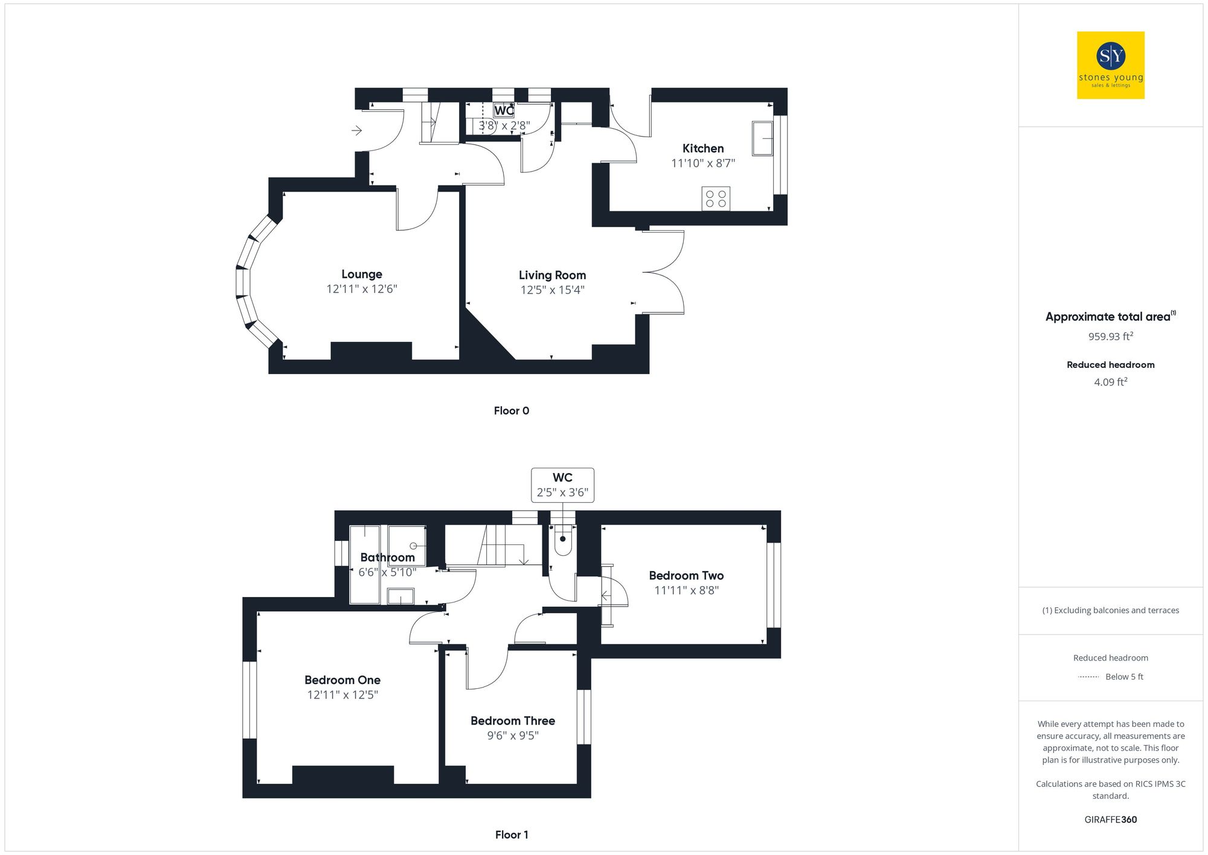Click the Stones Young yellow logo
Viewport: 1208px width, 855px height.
(1110, 65)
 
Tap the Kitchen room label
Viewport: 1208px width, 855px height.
(702, 149)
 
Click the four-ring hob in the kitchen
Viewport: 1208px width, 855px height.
(716, 199)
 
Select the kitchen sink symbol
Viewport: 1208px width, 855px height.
(762, 138)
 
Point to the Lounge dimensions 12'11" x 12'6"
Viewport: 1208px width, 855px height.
(361, 289)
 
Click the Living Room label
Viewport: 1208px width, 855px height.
(552, 276)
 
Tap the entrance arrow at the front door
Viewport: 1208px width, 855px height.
(357, 131)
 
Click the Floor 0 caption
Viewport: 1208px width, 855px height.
(511, 411)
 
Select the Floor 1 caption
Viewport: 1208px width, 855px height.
(511, 834)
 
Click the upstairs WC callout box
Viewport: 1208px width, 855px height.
(562, 485)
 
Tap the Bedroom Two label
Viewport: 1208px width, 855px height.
(686, 576)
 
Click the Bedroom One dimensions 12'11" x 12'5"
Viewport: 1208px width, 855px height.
(342, 695)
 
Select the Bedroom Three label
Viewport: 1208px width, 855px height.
(512, 721)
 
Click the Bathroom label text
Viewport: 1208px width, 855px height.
(387, 558)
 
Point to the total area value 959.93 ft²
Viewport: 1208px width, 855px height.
(1110, 337)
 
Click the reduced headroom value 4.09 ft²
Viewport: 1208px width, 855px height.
(1110, 382)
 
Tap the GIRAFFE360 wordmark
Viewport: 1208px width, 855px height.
(1110, 820)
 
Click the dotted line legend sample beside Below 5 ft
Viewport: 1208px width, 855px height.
(1088, 677)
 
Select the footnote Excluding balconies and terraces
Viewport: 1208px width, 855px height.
(1110, 610)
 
